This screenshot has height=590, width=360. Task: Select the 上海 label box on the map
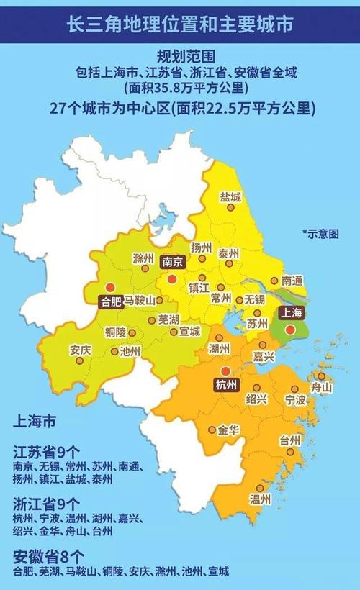pyautogui.click(x=288, y=313)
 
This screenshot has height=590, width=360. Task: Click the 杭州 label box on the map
pyautogui.click(x=225, y=384)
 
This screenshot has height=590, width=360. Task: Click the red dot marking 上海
pyautogui.click(x=289, y=330)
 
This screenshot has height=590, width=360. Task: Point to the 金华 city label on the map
pyautogui.click(x=228, y=430)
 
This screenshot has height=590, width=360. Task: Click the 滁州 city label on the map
pyautogui.click(x=144, y=258)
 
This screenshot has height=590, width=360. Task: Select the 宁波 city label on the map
pyautogui.click(x=296, y=399)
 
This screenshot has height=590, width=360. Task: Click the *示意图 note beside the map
pyautogui.click(x=321, y=233)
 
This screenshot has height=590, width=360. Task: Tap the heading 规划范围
pyautogui.click(x=180, y=56)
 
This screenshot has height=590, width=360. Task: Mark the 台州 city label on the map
pyautogui.click(x=290, y=440)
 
